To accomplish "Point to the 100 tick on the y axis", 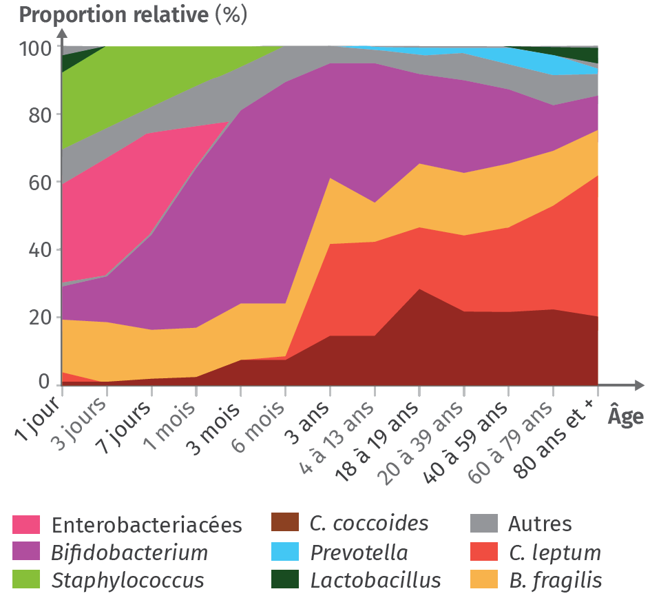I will [35, 48].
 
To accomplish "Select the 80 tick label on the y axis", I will [39, 115].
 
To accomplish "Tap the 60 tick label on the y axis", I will [39, 183].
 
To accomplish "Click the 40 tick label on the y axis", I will [39, 249].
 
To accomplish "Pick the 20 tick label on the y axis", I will [39, 317].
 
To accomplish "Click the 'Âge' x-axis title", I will [625, 417].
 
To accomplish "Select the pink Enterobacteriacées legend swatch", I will [27, 525].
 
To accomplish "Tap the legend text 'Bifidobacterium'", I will [129, 553].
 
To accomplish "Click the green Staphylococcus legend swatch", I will [27, 579].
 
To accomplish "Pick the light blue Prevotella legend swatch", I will [285, 553].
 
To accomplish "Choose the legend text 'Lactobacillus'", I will [375, 579].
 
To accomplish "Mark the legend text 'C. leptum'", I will [554, 553].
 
